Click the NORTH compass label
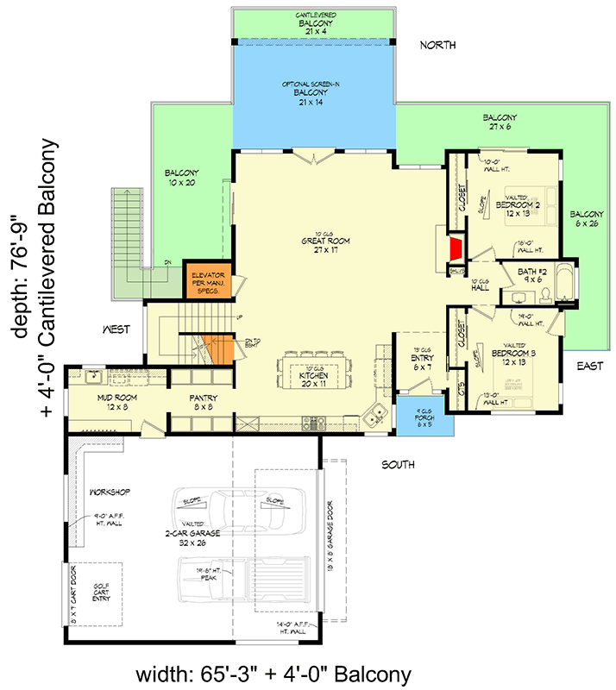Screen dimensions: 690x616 [x=437, y=45]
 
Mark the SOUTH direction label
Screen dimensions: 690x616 [x=399, y=465]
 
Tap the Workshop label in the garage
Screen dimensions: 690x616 [x=109, y=492]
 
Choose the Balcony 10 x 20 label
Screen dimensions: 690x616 [x=182, y=178]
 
